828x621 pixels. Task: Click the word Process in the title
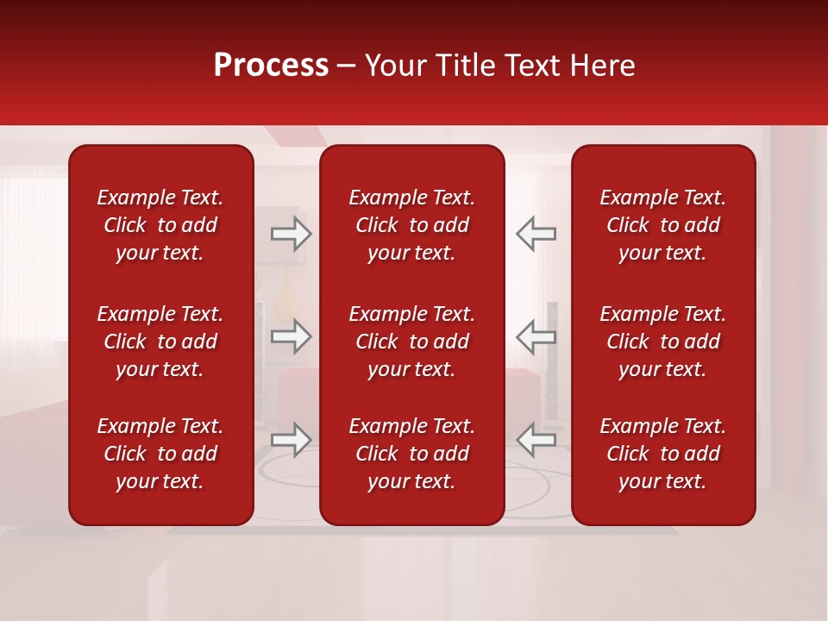[x=271, y=66]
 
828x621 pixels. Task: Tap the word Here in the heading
[x=603, y=66]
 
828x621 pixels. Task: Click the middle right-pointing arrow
[x=291, y=336]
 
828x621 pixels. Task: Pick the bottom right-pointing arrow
[x=291, y=439]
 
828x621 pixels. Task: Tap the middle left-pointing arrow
[x=536, y=336]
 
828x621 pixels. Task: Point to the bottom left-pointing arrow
[x=536, y=439]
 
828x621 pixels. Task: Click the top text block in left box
[x=160, y=225]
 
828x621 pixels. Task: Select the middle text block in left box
[x=160, y=342]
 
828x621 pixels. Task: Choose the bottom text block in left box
[x=160, y=454]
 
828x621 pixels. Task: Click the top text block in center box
[x=411, y=225]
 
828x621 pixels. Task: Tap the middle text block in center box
[x=411, y=342]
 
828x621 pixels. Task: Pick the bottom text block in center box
[x=411, y=454]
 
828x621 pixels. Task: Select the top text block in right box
[x=662, y=225]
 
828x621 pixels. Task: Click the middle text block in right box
[x=662, y=342]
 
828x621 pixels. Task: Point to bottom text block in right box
[x=662, y=454]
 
